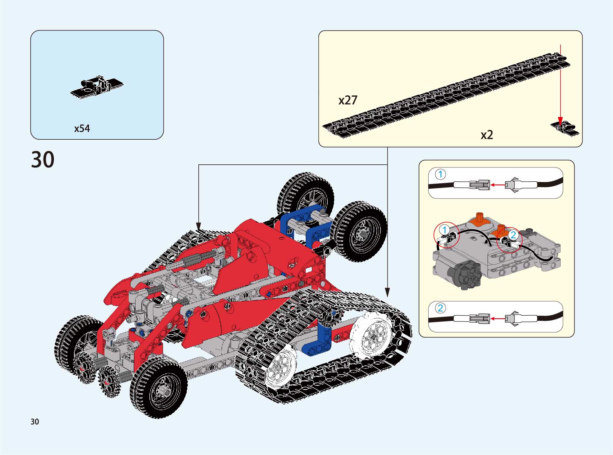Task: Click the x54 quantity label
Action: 82,129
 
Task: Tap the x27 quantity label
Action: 348,100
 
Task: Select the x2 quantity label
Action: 487,135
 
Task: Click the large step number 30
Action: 43,159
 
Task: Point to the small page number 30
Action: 35,422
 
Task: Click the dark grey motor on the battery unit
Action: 467,274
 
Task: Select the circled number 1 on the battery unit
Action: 444,230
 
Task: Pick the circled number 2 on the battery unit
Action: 513,235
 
